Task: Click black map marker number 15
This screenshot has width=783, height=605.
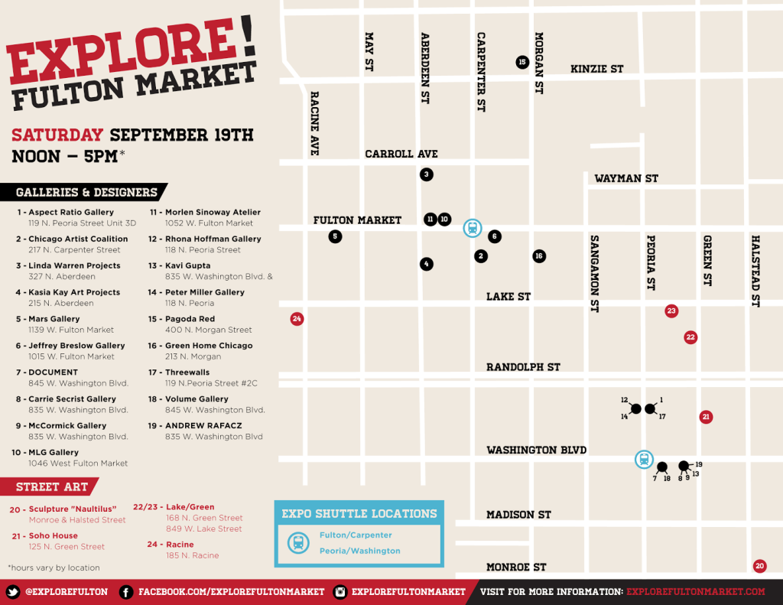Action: pos(522,62)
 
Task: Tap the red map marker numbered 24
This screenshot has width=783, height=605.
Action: pos(297,319)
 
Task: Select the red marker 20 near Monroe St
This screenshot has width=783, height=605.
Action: pos(759,567)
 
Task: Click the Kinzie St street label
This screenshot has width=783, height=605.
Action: pos(596,69)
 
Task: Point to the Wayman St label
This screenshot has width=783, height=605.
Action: pos(625,178)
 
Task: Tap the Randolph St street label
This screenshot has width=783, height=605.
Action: pos(523,367)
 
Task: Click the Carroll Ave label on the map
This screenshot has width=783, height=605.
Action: pos(401,154)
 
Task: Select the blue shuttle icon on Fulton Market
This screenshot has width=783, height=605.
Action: pos(473,228)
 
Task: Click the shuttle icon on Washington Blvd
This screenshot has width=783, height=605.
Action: pos(644,460)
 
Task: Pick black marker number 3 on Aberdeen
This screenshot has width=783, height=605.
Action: pos(427,174)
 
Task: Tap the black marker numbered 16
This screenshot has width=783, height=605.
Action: pos(539,256)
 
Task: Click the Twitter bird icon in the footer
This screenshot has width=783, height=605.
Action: pos(12,592)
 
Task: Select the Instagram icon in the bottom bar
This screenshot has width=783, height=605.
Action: pos(340,592)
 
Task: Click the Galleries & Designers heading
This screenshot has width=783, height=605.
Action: pos(86,193)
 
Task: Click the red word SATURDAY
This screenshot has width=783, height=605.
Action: pos(57,135)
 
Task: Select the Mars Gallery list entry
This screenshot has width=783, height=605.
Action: pos(54,319)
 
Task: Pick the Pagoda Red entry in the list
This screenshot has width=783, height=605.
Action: pos(191,319)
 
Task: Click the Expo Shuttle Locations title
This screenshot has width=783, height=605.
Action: pos(359,513)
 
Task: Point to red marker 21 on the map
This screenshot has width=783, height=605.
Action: pos(706,417)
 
